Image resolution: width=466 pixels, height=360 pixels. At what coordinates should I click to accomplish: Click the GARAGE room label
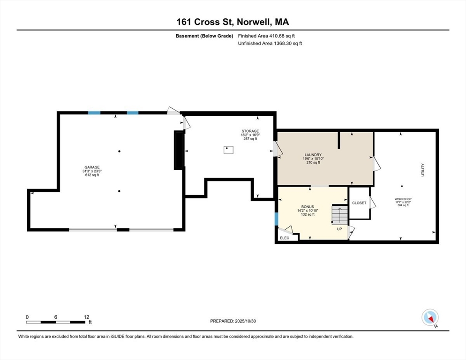pyautogui.click(x=92, y=167)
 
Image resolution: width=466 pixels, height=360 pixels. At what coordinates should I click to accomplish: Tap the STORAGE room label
pyautogui.click(x=250, y=131)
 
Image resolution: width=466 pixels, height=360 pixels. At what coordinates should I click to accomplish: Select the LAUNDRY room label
pyautogui.click(x=312, y=155)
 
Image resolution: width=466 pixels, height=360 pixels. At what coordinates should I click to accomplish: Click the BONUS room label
pyautogui.click(x=307, y=207)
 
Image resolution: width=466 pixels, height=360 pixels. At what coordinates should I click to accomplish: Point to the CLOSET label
pyautogui.click(x=359, y=203)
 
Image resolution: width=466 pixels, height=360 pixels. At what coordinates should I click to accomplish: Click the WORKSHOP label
pyautogui.click(x=403, y=199)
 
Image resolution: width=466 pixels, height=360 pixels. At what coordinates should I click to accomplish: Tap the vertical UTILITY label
pyautogui.click(x=422, y=170)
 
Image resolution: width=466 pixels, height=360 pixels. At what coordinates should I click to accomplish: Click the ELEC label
pyautogui.click(x=285, y=238)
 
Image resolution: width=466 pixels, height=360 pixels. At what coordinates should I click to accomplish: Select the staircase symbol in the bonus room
pyautogui.click(x=340, y=215)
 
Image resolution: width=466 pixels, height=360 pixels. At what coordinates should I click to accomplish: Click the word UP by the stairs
pyautogui.click(x=339, y=229)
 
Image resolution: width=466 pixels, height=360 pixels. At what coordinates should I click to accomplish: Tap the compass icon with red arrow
pyautogui.click(x=429, y=317)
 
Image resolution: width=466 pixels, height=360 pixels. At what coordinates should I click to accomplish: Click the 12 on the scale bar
pyautogui.click(x=86, y=317)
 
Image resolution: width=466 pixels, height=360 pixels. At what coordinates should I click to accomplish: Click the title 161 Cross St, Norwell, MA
pyautogui.click(x=233, y=22)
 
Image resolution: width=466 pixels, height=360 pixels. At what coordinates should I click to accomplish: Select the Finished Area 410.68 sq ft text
pyautogui.click(x=267, y=36)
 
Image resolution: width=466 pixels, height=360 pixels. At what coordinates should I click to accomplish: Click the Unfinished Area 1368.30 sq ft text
pyautogui.click(x=270, y=43)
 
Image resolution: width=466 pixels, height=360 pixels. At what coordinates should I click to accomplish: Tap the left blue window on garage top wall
pyautogui.click(x=94, y=113)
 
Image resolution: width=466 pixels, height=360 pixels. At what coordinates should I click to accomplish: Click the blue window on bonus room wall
pyautogui.click(x=276, y=219)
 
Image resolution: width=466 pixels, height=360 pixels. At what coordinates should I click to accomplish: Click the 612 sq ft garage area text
pyautogui.click(x=92, y=175)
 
